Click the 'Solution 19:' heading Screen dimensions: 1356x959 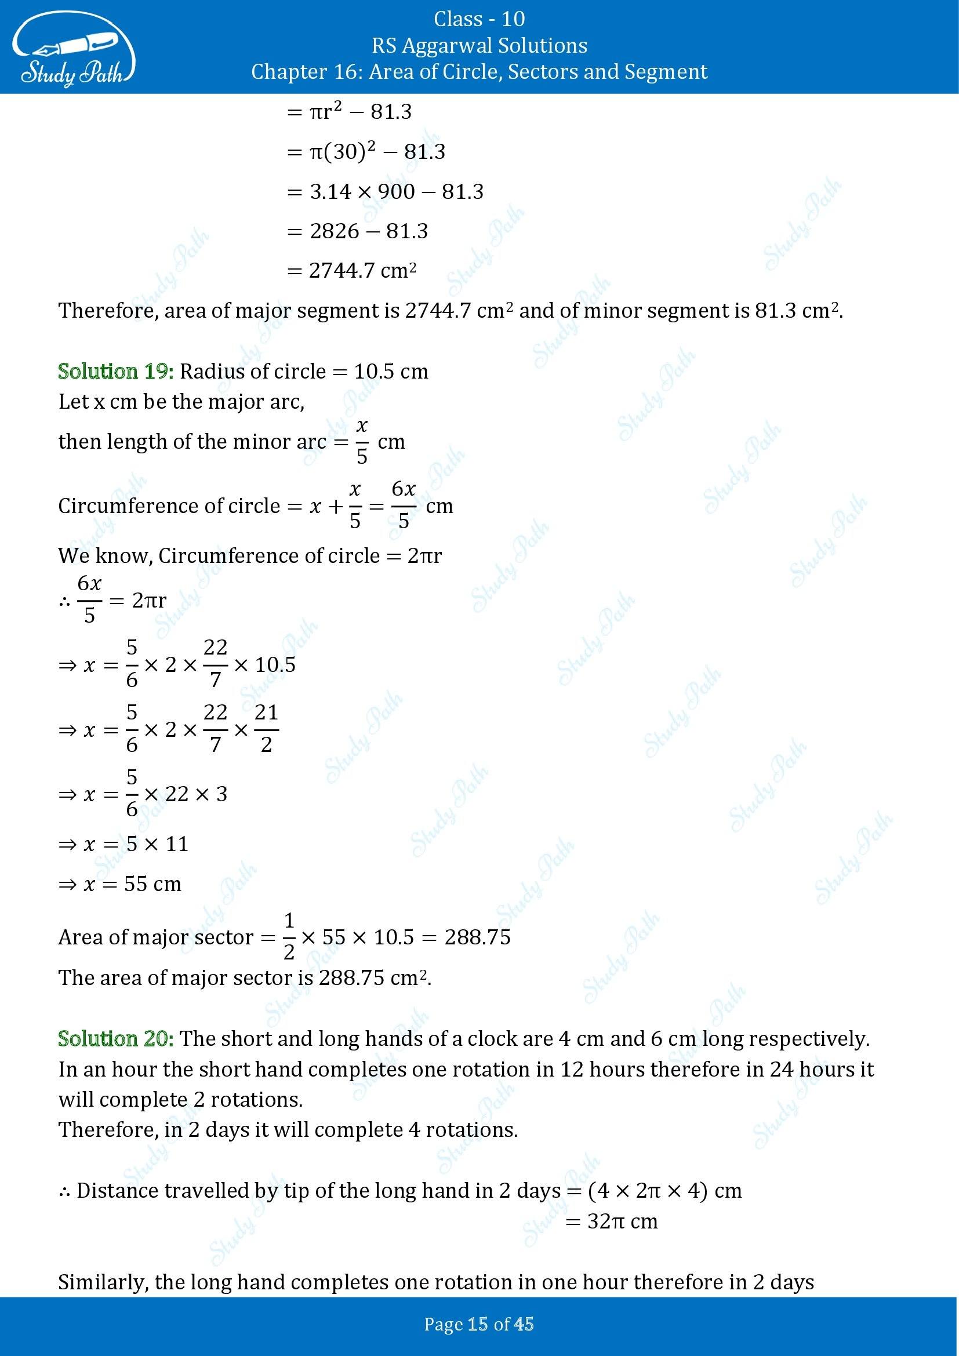coord(116,371)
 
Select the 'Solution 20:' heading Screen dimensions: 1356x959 coord(116,1038)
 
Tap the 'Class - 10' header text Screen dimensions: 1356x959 coord(479,19)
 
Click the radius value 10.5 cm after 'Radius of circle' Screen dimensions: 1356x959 coord(391,372)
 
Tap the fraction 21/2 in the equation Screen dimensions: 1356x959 coord(266,729)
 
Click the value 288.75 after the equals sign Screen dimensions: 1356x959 coord(477,937)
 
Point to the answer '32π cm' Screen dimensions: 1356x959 coord(622,1221)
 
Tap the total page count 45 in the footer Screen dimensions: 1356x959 coord(524,1325)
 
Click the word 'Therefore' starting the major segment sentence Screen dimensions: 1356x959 coord(108,311)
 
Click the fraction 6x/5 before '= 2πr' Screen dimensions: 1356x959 coord(90,600)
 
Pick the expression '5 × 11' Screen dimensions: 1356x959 coord(158,844)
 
